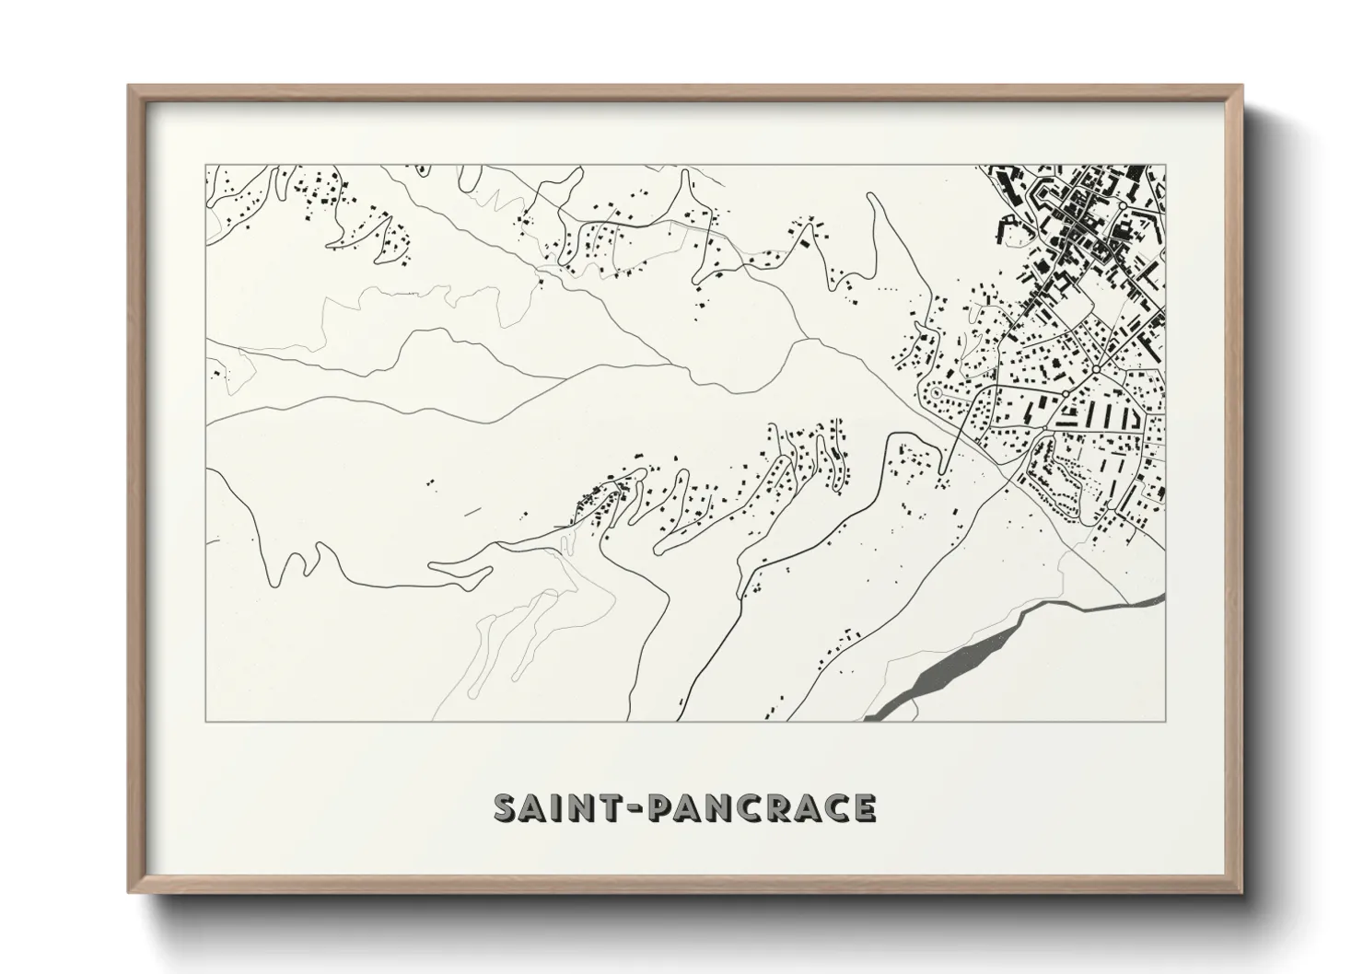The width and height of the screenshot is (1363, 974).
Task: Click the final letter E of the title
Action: click(x=863, y=807)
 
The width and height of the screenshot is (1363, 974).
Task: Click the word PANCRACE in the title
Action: click(x=763, y=807)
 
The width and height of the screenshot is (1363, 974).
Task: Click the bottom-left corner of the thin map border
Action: click(x=205, y=721)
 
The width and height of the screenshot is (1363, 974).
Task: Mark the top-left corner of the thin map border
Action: click(x=205, y=166)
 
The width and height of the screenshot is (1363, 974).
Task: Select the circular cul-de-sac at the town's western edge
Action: click(x=936, y=393)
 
